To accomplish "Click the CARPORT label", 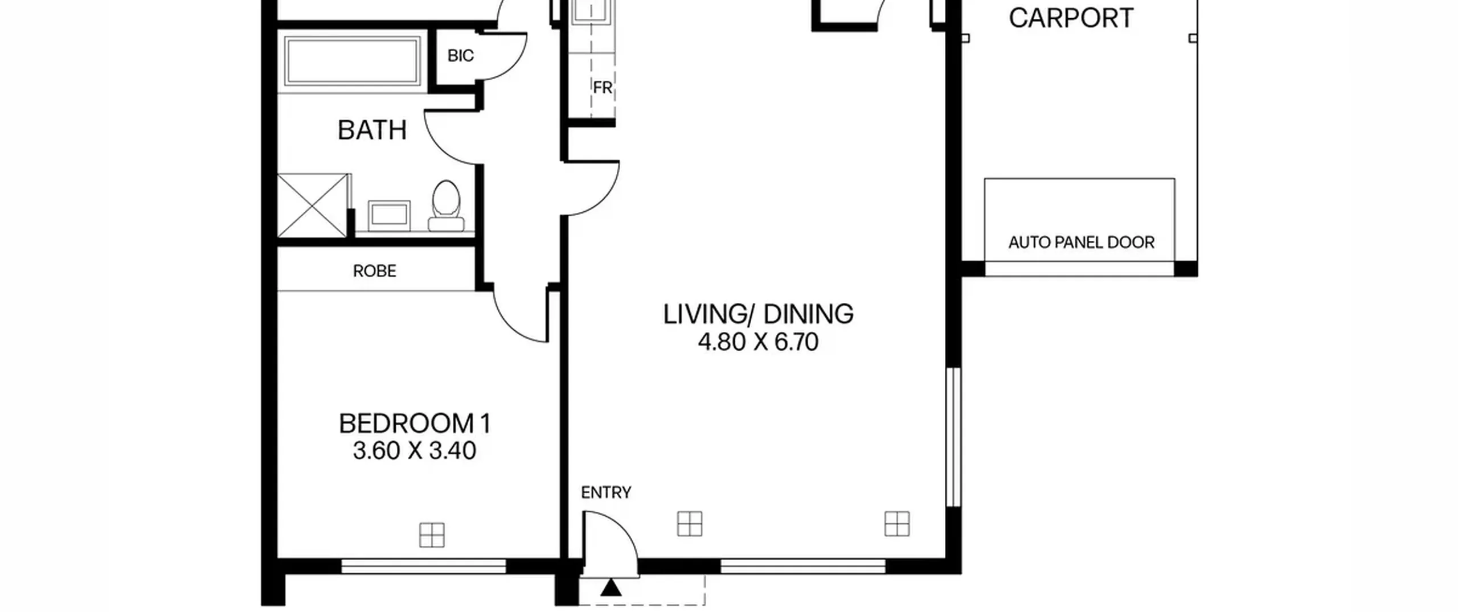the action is (1071, 18).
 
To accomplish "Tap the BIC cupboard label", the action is (460, 56).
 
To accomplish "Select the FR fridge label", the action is (602, 88).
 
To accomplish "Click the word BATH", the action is (372, 130).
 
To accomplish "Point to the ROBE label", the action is (374, 271).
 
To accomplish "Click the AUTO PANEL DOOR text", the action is (1081, 243).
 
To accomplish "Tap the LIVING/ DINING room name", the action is (758, 314).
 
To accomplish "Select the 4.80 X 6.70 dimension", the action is (758, 342).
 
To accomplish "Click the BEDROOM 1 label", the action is (414, 424).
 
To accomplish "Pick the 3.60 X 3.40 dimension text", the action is (414, 451).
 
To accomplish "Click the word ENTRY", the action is (606, 492).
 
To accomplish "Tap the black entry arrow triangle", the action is (611, 588).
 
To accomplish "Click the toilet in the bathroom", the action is (446, 206).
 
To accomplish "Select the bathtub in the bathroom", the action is (351, 60).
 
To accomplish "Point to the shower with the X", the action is (312, 205).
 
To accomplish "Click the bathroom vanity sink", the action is (389, 215).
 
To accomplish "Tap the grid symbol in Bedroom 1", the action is (432, 535).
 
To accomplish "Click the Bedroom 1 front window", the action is (424, 566).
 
